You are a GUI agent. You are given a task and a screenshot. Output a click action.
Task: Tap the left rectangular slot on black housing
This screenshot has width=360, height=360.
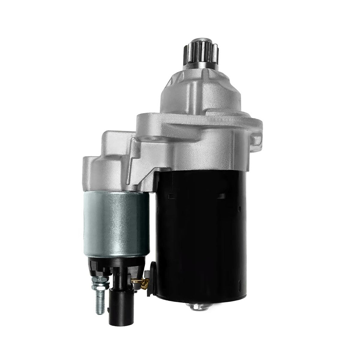(x=171, y=196)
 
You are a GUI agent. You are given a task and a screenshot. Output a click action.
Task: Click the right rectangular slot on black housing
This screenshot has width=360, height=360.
(x=222, y=196)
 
